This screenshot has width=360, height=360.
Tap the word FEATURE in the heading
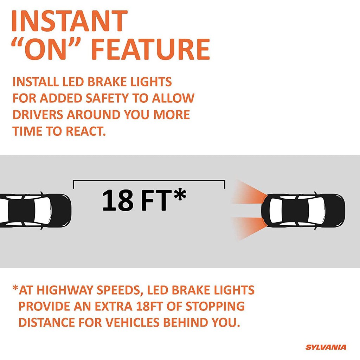[x=150, y=49]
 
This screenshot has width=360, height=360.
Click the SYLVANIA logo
[x=326, y=347]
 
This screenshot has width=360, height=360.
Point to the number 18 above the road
[x=117, y=200]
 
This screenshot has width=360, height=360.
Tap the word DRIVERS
[x=38, y=115]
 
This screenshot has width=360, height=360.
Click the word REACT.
[x=86, y=131]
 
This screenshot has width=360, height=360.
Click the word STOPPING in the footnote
[x=215, y=306]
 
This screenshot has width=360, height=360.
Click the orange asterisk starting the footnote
[x=15, y=288]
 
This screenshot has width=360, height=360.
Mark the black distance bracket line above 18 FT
[x=149, y=181]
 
